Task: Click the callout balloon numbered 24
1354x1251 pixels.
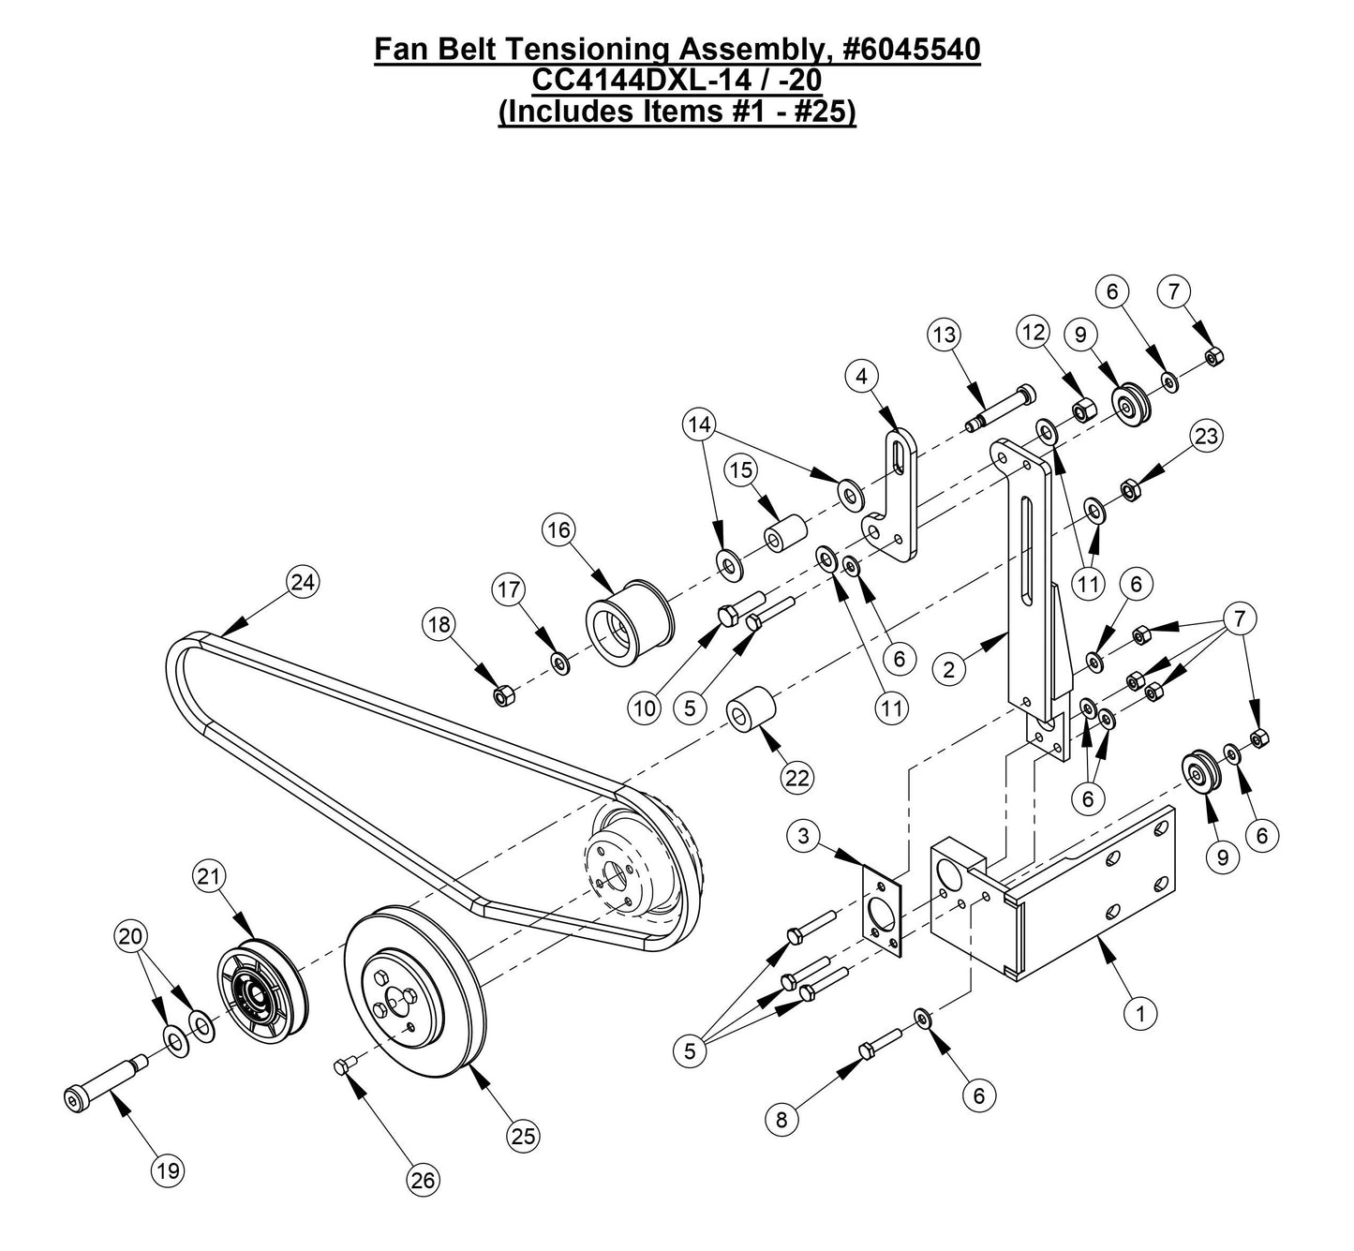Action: tap(302, 582)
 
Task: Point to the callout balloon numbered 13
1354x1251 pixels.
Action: tap(946, 335)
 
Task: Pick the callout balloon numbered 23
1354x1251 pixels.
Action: tap(1206, 436)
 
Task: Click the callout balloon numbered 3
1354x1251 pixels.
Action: tap(804, 836)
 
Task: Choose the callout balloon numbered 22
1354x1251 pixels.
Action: tap(799, 777)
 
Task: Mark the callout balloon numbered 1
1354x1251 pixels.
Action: tap(1140, 1012)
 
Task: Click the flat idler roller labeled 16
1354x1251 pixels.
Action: tap(625, 619)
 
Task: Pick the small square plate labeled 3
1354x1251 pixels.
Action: tap(882, 912)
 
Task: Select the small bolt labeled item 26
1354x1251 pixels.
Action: tap(342, 1065)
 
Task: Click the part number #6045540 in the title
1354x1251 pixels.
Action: tap(905, 50)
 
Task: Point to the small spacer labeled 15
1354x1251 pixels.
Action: tap(784, 535)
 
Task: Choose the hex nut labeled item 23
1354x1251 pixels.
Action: tap(1130, 489)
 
